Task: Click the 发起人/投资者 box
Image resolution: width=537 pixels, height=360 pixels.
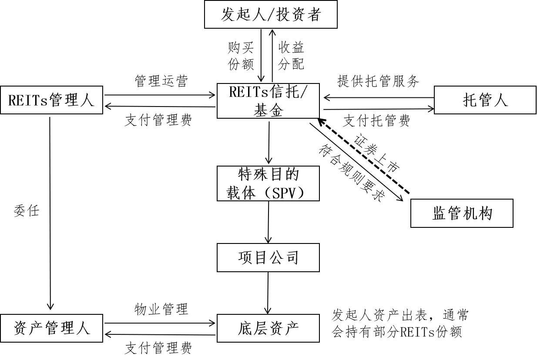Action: coord(271,15)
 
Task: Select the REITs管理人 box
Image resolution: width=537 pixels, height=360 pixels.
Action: coord(51,100)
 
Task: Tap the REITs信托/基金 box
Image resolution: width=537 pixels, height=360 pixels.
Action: coord(268,101)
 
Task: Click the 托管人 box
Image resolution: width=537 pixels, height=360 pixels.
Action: coord(485,100)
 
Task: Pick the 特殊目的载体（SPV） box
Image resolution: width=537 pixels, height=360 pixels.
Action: coord(268,183)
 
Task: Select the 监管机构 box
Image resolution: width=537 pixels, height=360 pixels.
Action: coord(462,213)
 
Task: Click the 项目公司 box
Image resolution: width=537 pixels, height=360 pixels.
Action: coord(268,257)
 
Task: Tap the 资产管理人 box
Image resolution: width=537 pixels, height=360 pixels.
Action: coord(51,328)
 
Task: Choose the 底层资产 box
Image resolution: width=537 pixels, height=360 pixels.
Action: coord(268,328)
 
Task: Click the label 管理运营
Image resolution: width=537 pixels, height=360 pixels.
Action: coord(161,81)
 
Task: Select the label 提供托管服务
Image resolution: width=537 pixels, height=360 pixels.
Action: coord(378,81)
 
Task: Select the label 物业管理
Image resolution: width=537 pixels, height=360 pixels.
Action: coord(161,309)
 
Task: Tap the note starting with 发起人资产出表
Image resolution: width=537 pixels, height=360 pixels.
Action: coord(399,323)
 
